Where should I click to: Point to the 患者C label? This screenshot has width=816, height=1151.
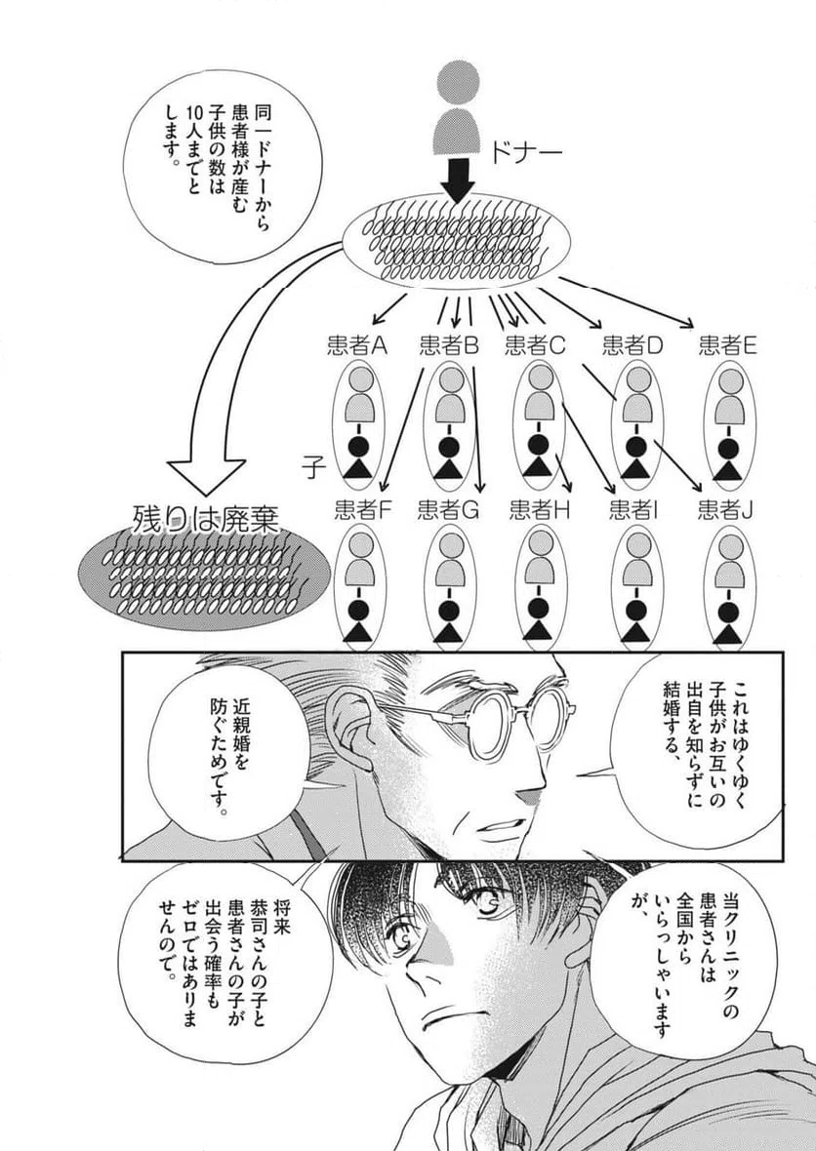(536, 345)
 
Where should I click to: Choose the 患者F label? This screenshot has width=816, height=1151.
(364, 508)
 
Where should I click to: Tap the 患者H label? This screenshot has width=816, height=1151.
(540, 508)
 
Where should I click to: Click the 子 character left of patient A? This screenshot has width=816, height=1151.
(312, 465)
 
